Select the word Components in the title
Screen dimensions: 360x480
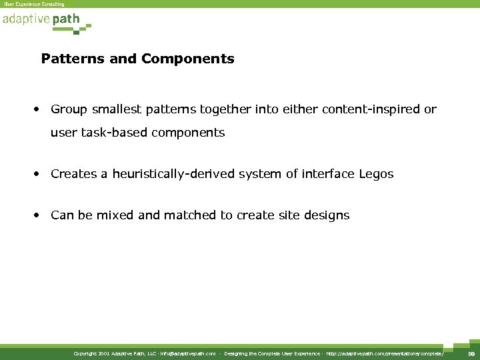tap(187, 59)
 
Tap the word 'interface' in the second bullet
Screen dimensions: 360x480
tap(324, 174)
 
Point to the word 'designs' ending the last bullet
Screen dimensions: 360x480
tap(327, 215)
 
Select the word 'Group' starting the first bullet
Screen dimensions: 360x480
tap(67, 109)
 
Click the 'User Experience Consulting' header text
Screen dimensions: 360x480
tap(34, 4)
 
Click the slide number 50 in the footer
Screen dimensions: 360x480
tap(471, 354)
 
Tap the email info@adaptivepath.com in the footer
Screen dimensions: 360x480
tap(187, 354)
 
